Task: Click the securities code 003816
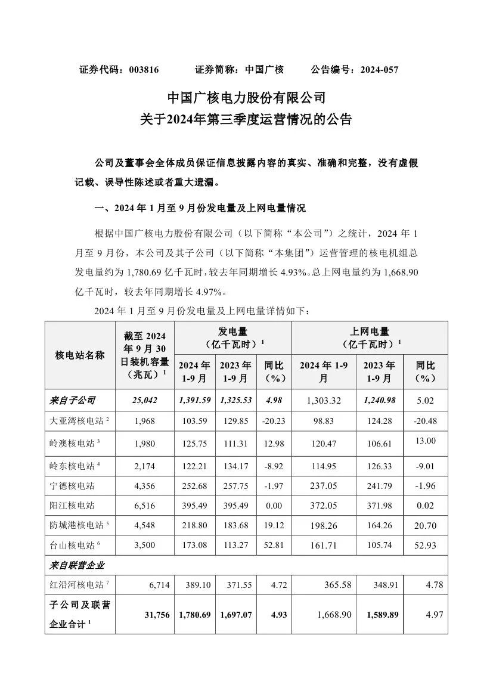coord(144,69)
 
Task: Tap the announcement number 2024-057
coord(379,69)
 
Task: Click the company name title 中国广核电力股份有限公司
coord(246,97)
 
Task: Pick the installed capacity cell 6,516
coord(144,505)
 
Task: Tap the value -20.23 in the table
coord(274,421)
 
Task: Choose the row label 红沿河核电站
coord(75,586)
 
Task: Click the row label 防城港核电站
coord(75,525)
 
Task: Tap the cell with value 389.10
coord(194,586)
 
